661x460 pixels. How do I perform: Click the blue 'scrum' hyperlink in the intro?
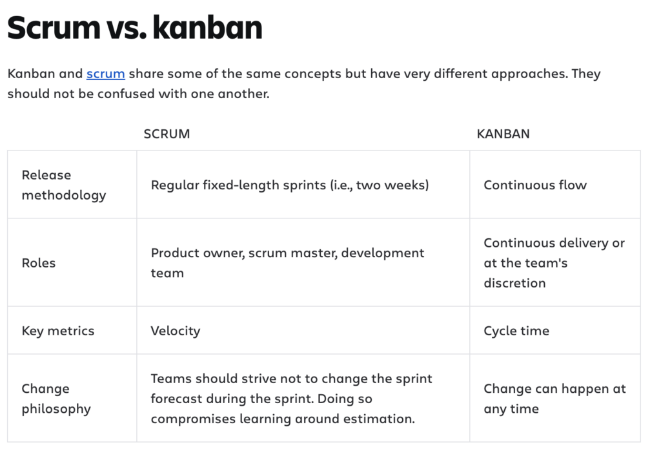[x=105, y=74]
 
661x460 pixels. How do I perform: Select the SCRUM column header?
[x=167, y=134]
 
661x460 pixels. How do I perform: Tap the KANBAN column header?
[x=503, y=134]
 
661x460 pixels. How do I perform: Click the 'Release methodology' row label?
[x=63, y=185]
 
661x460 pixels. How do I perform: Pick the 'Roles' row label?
[x=39, y=263]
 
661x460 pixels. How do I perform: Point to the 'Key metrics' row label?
[x=58, y=331]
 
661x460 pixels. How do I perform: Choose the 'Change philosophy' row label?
[x=56, y=399]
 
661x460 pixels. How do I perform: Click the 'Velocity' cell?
[x=176, y=331]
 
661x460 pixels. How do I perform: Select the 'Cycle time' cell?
[x=516, y=331]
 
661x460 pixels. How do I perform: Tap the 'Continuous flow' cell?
[x=535, y=185]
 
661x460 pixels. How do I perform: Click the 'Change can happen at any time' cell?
[x=554, y=399]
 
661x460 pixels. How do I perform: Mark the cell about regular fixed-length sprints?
[x=289, y=185]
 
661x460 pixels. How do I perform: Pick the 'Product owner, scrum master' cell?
[x=287, y=263]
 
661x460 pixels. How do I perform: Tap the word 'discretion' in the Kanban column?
[x=514, y=283]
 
